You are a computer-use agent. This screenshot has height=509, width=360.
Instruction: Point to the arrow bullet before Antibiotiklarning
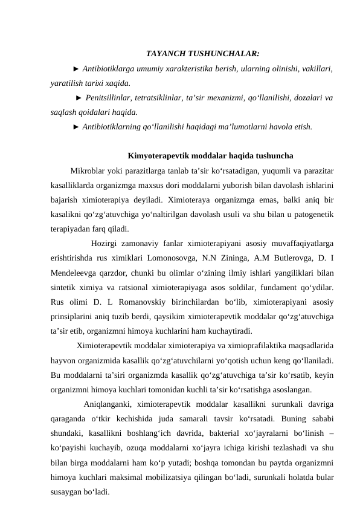point(76,127)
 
